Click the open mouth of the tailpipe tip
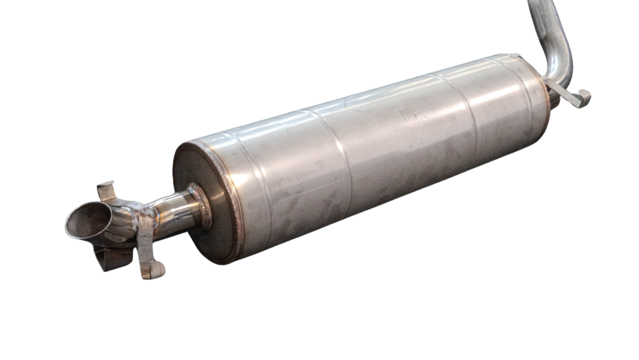tap(87, 221)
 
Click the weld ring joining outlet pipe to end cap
tap(202, 205)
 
